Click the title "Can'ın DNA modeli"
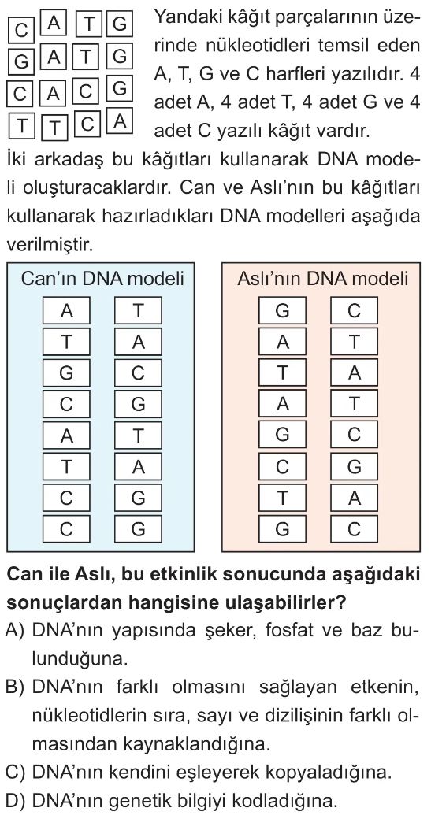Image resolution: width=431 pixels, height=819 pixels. pyautogui.click(x=102, y=279)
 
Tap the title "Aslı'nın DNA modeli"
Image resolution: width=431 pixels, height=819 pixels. pyautogui.click(x=322, y=279)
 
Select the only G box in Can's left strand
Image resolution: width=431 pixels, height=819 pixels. pyautogui.click(x=67, y=373)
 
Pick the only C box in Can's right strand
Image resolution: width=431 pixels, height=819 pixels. pyautogui.click(x=138, y=373)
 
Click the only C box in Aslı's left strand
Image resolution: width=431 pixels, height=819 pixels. pyautogui.click(x=282, y=466)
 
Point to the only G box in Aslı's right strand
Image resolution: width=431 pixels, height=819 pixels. pyautogui.click(x=354, y=466)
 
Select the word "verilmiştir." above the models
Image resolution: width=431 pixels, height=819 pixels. pyautogui.click(x=49, y=244)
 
